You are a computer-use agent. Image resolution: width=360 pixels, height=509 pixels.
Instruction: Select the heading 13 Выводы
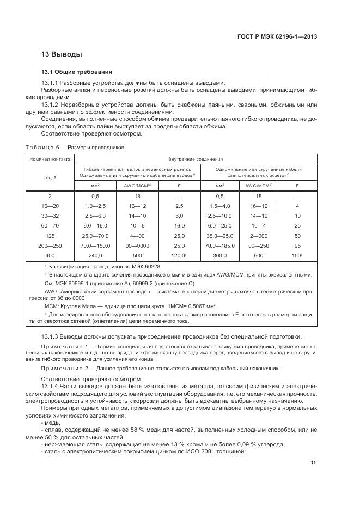[x=62, y=54]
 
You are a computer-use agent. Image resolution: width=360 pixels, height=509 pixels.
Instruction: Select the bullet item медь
[x=51, y=422]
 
